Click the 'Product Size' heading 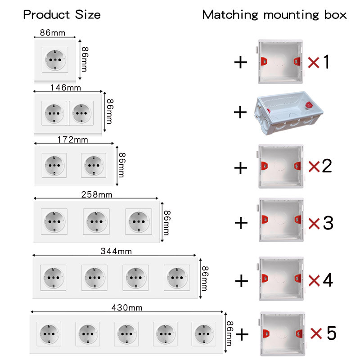tap(62, 15)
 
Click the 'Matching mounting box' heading tap(274, 15)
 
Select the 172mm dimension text tap(73, 139)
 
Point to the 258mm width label tap(97, 195)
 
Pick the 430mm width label tap(127, 308)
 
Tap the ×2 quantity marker tap(320, 166)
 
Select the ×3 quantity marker tap(320, 223)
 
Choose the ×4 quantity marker tap(320, 280)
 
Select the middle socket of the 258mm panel tap(96, 221)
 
